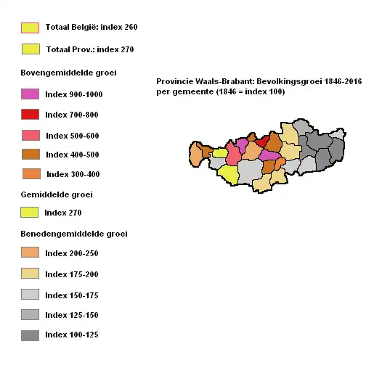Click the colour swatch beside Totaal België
point(30,28)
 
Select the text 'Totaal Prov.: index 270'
point(89,50)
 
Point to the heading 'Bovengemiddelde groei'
point(68,73)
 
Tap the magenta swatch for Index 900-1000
point(30,94)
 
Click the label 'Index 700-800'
point(71,115)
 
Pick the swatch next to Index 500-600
point(30,136)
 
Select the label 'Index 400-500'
point(71,155)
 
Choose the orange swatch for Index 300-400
point(31,174)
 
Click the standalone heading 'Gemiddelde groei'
point(57,194)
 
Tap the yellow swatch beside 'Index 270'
point(30,213)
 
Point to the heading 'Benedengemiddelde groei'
point(74,234)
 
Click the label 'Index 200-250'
point(71,254)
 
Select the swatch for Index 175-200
point(30,274)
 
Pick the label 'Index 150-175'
point(71,296)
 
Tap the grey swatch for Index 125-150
point(30,315)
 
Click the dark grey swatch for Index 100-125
point(30,335)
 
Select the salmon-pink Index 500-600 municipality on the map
point(234,155)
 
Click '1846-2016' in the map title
point(343,82)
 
